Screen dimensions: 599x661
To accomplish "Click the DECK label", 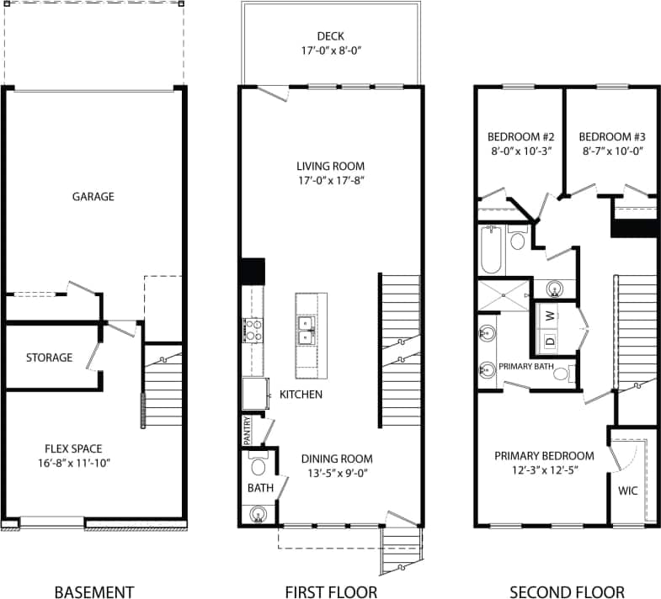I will coord(330,36).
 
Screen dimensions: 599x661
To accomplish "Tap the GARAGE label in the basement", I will coord(93,196).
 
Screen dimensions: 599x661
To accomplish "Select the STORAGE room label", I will coord(49,358).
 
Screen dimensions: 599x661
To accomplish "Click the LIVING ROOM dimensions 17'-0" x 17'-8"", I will coord(330,180).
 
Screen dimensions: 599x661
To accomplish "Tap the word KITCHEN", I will coord(300,394).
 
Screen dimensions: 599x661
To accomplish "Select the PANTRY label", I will coord(247,430).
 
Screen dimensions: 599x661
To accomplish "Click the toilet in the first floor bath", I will coord(258,466).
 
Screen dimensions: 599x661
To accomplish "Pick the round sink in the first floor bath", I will coord(259,512).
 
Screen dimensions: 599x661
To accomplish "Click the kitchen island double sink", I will coord(305,330).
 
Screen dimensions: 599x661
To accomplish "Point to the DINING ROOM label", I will coord(337,459).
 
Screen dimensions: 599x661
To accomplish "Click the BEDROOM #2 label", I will coord(521,137).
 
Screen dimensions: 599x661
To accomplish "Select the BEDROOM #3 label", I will coord(612,137).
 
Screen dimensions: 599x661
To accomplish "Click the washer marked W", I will coord(550,316).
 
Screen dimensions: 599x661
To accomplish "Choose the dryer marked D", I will coord(550,342).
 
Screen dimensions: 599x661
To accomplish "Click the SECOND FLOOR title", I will coord(567,592).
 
